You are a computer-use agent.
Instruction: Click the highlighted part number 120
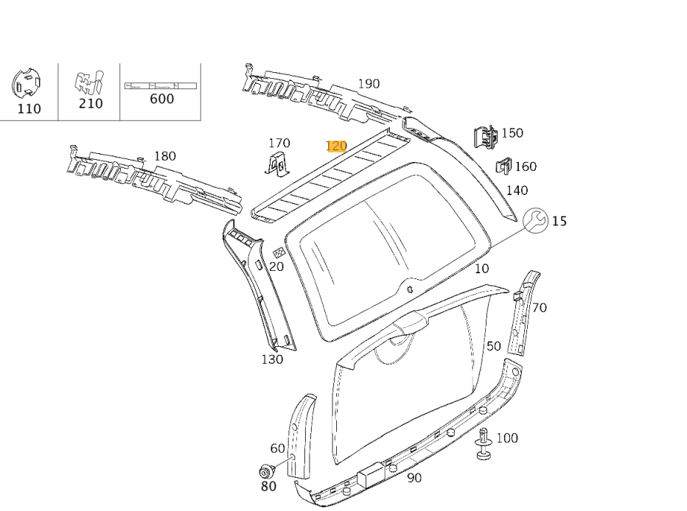click(336, 146)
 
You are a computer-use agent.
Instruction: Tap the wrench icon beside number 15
click(536, 220)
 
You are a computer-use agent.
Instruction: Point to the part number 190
click(369, 84)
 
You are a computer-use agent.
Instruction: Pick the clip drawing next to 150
click(484, 136)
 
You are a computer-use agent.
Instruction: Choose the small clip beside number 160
click(504, 166)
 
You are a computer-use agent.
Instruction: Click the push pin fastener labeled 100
click(484, 445)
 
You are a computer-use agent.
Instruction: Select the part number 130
click(272, 359)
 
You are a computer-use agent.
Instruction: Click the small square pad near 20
click(278, 253)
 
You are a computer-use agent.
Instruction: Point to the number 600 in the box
click(162, 99)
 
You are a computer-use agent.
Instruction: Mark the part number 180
click(165, 156)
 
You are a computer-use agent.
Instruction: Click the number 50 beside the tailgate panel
click(493, 346)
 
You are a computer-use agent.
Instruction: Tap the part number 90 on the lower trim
click(414, 478)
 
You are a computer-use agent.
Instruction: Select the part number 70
click(540, 308)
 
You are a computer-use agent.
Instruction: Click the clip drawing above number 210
click(88, 82)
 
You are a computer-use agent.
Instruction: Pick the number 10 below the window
click(481, 269)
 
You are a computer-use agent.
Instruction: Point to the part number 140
click(517, 191)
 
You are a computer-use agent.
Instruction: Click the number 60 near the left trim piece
click(277, 448)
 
